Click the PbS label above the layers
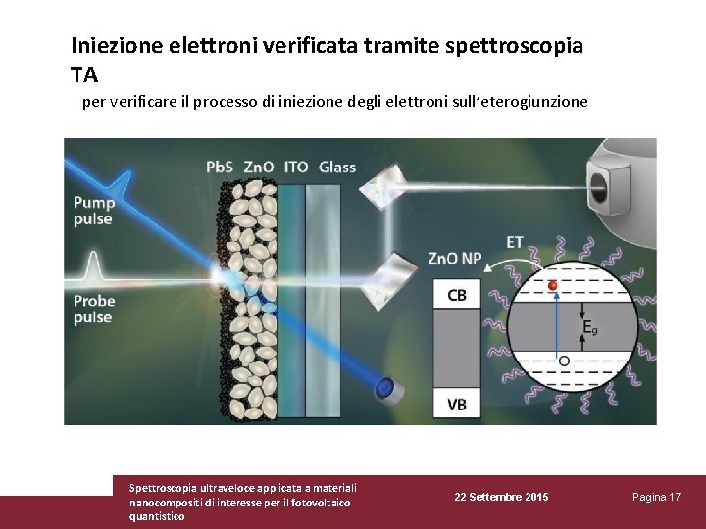click(220, 167)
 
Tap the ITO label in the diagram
click(295, 167)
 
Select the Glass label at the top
click(337, 167)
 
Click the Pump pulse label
click(94, 211)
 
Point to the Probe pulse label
click(93, 310)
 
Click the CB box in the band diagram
click(457, 295)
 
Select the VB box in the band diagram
click(457, 403)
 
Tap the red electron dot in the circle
click(552, 286)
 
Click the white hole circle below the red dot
click(563, 361)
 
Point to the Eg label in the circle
click(588, 327)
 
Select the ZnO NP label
click(455, 259)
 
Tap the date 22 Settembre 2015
click(501, 498)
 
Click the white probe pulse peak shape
click(94, 265)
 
